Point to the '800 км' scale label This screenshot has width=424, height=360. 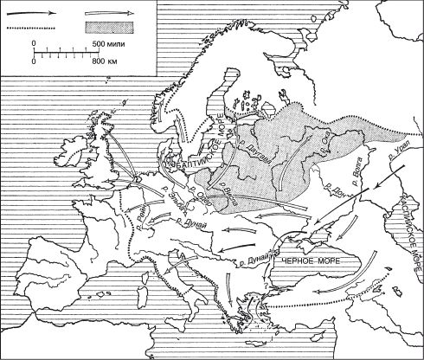[x=104, y=62]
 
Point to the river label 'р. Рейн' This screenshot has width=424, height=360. [x=136, y=211]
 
